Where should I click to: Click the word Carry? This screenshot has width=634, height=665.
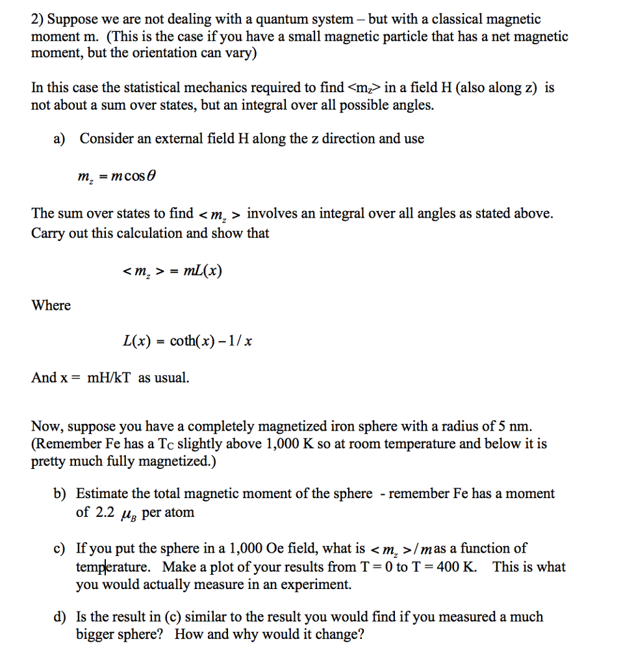(x=48, y=233)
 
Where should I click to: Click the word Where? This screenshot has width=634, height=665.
(x=51, y=305)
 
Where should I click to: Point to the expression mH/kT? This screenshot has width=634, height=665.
(x=106, y=377)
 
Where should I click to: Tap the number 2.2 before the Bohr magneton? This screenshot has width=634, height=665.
(x=105, y=512)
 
